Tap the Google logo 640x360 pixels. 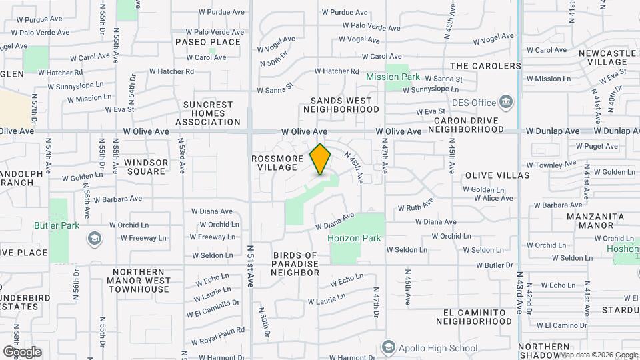click(x=22, y=351)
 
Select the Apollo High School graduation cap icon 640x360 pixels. click(x=389, y=347)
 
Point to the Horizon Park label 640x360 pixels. click(x=354, y=238)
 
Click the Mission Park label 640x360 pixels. click(x=393, y=77)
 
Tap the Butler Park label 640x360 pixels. click(x=57, y=225)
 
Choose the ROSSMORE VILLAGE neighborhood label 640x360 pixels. click(x=274, y=163)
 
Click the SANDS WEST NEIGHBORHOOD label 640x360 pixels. click(x=345, y=105)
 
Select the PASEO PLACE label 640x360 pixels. click(x=207, y=42)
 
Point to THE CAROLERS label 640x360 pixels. click(x=485, y=66)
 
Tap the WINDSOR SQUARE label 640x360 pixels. click(x=146, y=167)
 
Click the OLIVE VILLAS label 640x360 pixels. click(x=497, y=175)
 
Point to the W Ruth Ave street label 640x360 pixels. click(x=415, y=204)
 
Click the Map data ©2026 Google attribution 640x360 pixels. click(x=598, y=355)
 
